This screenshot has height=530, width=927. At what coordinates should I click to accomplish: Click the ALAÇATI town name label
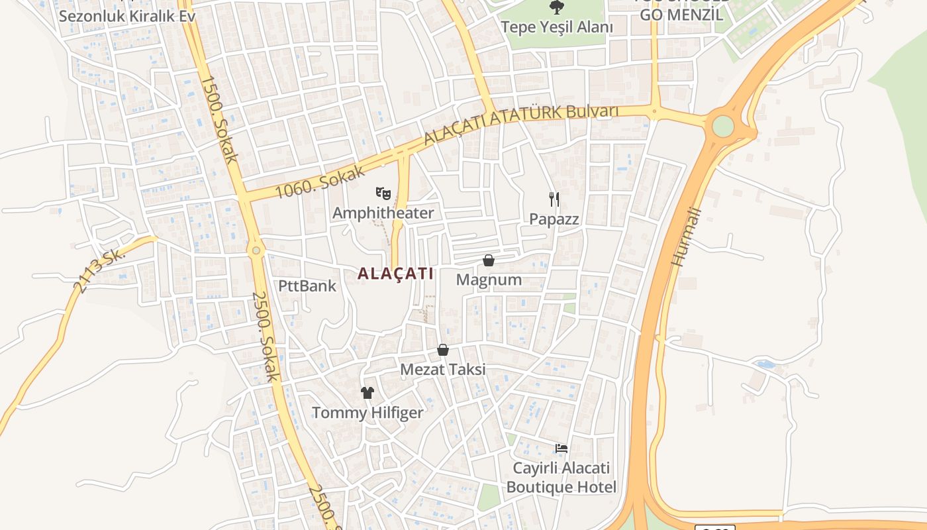click(395, 273)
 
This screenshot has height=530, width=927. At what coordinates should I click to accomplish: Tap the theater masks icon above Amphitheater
click(383, 193)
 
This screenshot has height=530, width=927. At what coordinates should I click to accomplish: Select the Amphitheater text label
click(383, 213)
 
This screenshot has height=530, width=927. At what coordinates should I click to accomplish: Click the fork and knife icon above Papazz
click(554, 199)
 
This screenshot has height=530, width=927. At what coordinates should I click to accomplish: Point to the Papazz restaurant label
click(554, 219)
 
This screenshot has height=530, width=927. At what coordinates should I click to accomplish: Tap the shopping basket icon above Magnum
click(489, 260)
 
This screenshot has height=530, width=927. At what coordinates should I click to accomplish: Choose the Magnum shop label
click(489, 280)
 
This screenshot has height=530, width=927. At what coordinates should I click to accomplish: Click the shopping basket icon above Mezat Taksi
click(443, 350)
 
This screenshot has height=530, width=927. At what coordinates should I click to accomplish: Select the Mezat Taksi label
click(443, 369)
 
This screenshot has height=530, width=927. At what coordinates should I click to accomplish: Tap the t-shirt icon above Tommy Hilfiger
click(367, 393)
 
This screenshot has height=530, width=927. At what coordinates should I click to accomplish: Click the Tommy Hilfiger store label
click(367, 413)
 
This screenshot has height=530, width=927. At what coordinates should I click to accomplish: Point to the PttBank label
click(307, 286)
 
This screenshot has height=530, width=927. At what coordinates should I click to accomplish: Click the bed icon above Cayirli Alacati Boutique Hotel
click(561, 449)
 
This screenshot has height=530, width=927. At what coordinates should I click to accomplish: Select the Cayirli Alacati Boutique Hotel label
click(561, 478)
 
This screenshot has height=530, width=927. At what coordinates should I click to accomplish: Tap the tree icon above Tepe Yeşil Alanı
click(556, 7)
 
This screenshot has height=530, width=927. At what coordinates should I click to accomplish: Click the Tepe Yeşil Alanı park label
click(556, 27)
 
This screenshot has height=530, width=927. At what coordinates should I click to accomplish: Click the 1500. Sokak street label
click(220, 119)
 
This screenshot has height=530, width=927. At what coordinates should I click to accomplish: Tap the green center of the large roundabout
click(723, 126)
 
